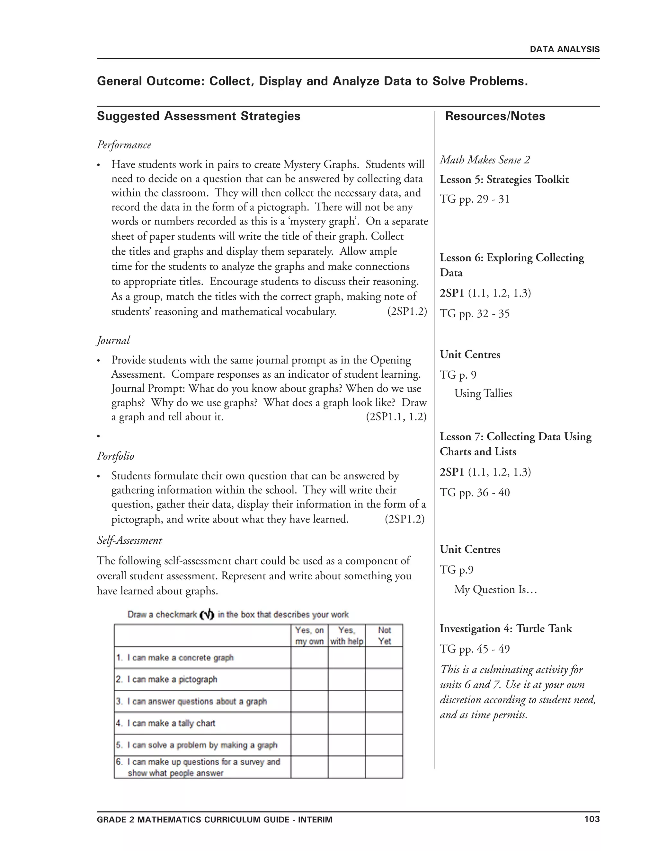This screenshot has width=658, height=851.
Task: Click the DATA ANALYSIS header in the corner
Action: [565, 49]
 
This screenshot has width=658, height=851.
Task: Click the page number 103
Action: [592, 819]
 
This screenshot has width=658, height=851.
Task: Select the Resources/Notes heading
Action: [495, 116]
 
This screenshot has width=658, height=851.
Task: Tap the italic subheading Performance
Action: [124, 145]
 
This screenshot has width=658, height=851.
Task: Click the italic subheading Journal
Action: [113, 340]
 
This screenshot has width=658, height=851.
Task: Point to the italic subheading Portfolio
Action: [115, 456]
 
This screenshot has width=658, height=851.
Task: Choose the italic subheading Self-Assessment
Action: [129, 540]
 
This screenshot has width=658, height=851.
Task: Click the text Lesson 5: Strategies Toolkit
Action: [504, 180]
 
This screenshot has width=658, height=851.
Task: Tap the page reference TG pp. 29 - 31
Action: [475, 199]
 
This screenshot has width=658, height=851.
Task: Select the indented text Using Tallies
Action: [483, 394]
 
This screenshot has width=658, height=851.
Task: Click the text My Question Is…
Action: [495, 590]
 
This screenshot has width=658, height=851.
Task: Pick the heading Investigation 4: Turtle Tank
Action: [506, 628]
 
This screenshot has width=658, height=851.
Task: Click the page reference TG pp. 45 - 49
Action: [475, 649]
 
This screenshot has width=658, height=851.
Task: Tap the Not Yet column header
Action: [384, 636]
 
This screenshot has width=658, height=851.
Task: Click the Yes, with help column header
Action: [347, 636]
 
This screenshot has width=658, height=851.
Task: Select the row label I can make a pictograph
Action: [172, 680]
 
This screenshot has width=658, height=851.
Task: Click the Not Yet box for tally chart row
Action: [384, 723]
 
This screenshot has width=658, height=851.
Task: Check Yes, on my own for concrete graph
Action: [309, 658]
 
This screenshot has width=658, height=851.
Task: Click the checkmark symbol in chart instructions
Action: [207, 615]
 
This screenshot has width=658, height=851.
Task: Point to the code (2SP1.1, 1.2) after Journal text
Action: [396, 417]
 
